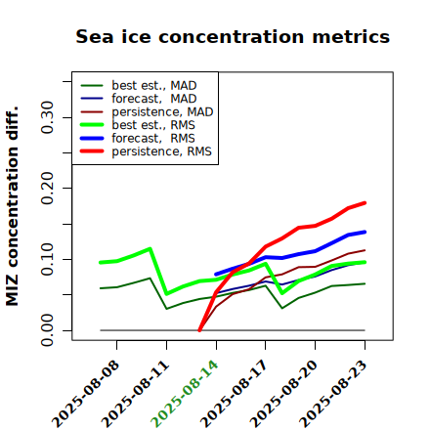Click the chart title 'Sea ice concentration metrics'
(x=233, y=36)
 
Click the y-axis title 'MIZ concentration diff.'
(x=12, y=206)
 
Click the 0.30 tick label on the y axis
(x=47, y=117)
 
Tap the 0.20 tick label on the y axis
(x=47, y=189)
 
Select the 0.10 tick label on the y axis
(x=47, y=259)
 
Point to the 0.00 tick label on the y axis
(x=47, y=330)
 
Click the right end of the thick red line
(x=365, y=203)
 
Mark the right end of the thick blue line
(x=365, y=232)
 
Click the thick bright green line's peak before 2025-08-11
(x=150, y=249)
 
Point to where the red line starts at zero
(x=199, y=330)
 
